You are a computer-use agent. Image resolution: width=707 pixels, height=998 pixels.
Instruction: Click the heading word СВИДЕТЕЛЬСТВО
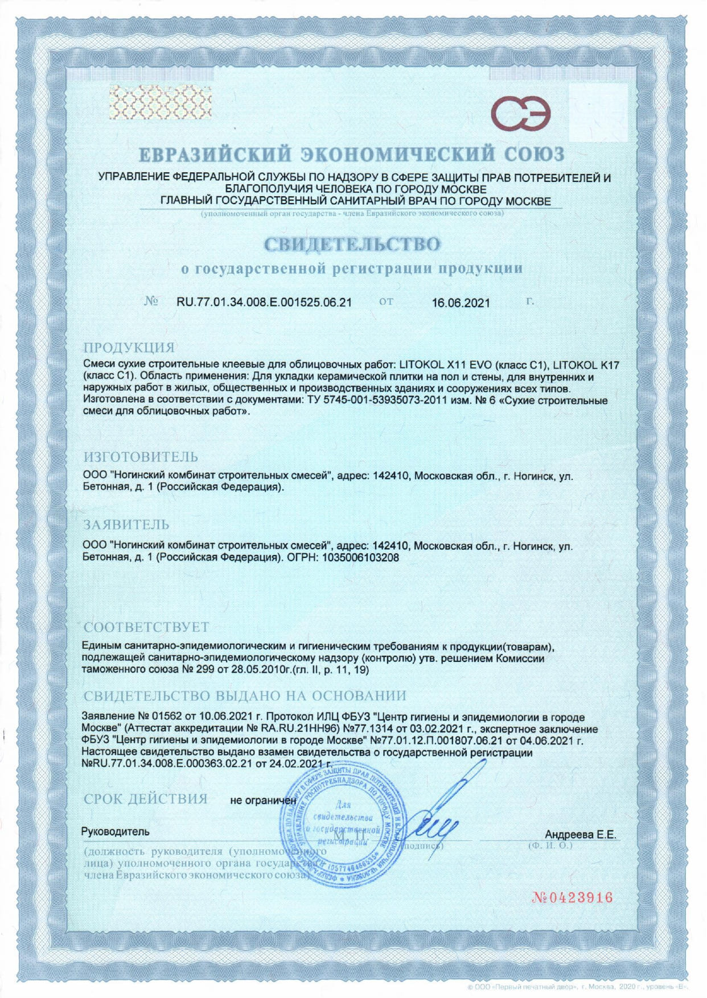[x=352, y=245]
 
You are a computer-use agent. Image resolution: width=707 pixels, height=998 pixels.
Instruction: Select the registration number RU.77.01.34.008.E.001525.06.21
[x=264, y=302]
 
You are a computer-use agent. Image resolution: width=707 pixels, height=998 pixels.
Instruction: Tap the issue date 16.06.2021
[x=461, y=303]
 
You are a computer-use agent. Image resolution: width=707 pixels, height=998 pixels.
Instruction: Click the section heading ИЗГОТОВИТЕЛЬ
[x=141, y=457]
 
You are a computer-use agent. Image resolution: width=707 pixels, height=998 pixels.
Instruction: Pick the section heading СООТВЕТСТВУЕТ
[x=146, y=627]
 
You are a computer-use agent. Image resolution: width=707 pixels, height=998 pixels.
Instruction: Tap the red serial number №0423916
[x=572, y=897]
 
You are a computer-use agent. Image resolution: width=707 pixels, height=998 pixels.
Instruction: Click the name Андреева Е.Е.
[x=580, y=835]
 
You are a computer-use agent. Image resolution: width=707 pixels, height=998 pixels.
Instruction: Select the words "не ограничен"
[x=263, y=800]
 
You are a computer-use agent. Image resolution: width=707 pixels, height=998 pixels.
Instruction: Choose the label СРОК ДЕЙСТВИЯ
[x=145, y=799]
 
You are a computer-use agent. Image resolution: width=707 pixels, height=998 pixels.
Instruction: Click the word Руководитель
[x=116, y=831]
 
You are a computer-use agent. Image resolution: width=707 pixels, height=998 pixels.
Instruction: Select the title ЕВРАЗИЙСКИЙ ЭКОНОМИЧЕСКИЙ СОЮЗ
[x=352, y=154]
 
